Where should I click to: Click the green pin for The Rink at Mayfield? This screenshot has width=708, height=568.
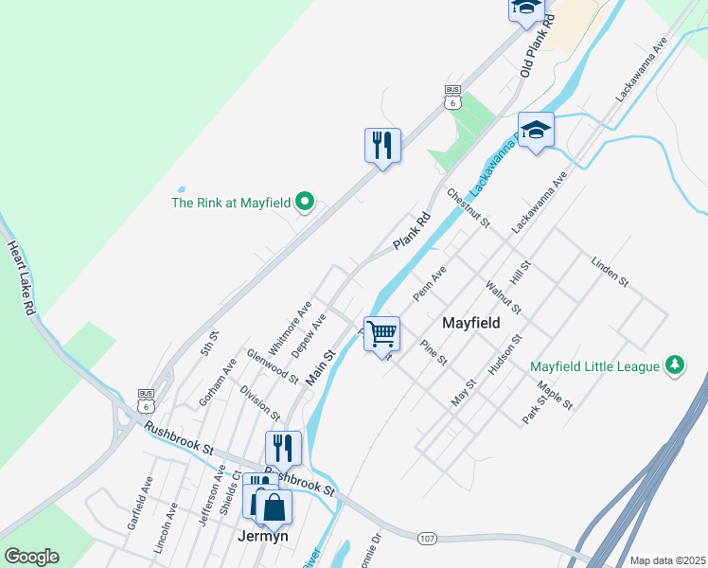305,202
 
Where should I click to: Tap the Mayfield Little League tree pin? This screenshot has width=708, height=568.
675,365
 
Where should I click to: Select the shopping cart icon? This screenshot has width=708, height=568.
381,333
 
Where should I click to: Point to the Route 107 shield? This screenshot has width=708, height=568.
427,538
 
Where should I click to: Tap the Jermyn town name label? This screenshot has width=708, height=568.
263,536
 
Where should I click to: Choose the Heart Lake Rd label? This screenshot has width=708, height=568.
21,278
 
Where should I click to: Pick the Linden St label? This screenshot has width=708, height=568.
610,271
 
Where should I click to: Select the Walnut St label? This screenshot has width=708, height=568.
503,295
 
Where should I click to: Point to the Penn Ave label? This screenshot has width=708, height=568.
429,284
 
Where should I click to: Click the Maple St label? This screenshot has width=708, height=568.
555,395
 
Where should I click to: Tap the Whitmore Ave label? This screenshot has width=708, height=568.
290,328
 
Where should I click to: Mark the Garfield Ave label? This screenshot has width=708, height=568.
138,502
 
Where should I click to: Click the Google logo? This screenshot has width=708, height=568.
31,557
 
